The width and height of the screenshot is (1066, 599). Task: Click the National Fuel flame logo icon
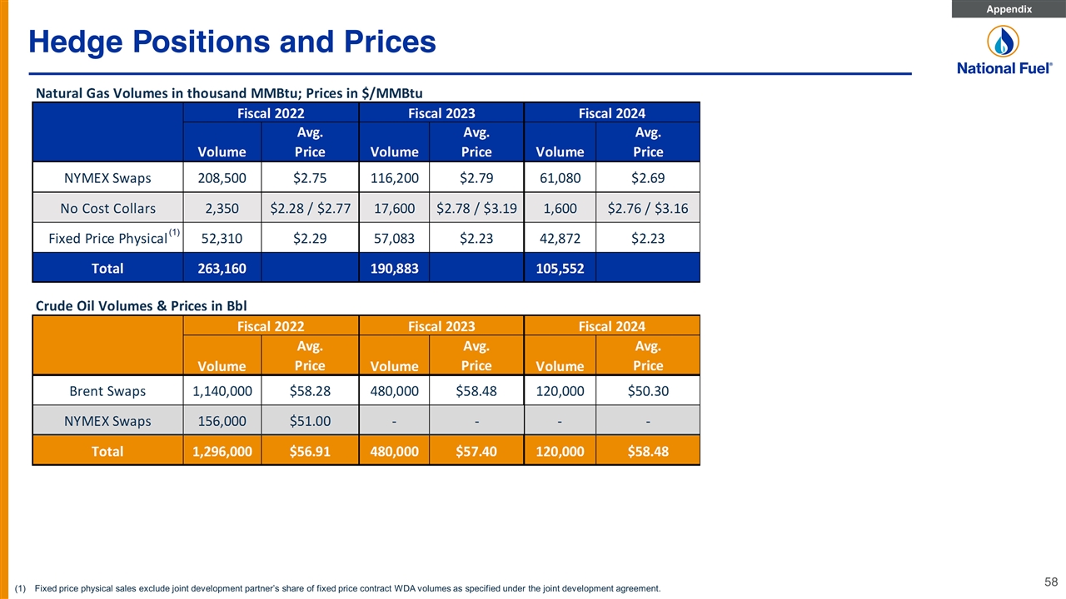pyautogui.click(x=1004, y=41)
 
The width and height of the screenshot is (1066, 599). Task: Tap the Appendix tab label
pyautogui.click(x=1009, y=9)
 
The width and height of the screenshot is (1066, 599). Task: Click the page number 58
pyautogui.click(x=1051, y=582)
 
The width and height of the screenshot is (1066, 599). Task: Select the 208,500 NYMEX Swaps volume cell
pyautogui.click(x=222, y=178)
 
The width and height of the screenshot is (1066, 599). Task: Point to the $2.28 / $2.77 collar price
pyautogui.click(x=310, y=208)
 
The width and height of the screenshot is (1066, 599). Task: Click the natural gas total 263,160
pyautogui.click(x=222, y=268)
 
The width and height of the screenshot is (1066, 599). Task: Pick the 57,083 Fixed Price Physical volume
pyautogui.click(x=394, y=238)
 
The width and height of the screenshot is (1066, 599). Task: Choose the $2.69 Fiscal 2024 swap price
pyautogui.click(x=648, y=178)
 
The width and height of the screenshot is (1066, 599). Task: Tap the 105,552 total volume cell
pyautogui.click(x=560, y=268)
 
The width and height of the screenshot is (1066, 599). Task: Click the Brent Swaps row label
pyautogui.click(x=107, y=391)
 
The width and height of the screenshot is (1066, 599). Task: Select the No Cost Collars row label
pyautogui.click(x=107, y=208)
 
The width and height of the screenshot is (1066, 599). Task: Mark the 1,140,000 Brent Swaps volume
pyautogui.click(x=222, y=391)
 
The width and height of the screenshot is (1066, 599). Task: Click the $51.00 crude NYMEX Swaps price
pyautogui.click(x=310, y=421)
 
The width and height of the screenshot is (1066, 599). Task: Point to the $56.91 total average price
pyautogui.click(x=310, y=451)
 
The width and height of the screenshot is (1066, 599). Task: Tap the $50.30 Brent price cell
pyautogui.click(x=648, y=391)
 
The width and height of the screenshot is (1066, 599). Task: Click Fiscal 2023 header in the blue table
pyautogui.click(x=441, y=113)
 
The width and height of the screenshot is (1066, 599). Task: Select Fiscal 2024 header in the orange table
pyautogui.click(x=611, y=326)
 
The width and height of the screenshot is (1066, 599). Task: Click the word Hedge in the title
pyautogui.click(x=76, y=42)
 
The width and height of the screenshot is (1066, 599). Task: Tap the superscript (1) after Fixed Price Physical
pyautogui.click(x=174, y=232)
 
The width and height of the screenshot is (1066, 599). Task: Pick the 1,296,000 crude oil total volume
pyautogui.click(x=222, y=451)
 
